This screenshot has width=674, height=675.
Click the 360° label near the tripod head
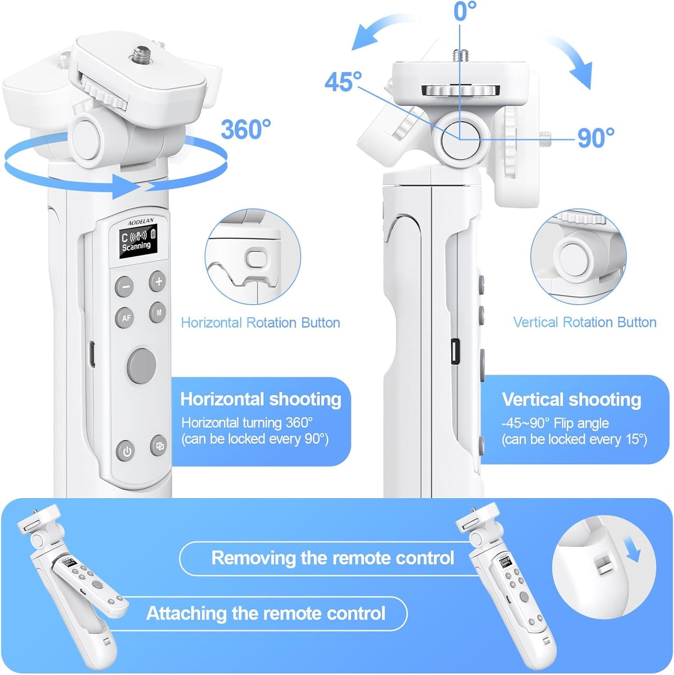tap(245, 129)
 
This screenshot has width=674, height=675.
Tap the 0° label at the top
tap(465, 11)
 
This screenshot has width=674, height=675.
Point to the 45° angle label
tap(343, 82)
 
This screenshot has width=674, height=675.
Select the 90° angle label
tap(596, 138)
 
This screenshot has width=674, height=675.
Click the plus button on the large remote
tap(158, 281)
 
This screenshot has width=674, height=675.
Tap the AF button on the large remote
tap(125, 318)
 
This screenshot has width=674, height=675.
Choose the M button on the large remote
tap(159, 313)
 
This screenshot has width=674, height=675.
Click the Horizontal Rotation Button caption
tap(260, 323)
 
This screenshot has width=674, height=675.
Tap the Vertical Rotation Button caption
tap(584, 322)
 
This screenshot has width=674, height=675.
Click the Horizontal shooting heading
tap(261, 399)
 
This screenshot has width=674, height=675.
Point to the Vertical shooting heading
tap(571, 400)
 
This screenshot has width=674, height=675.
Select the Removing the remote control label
tap(333, 558)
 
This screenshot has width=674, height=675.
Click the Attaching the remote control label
tap(266, 613)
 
